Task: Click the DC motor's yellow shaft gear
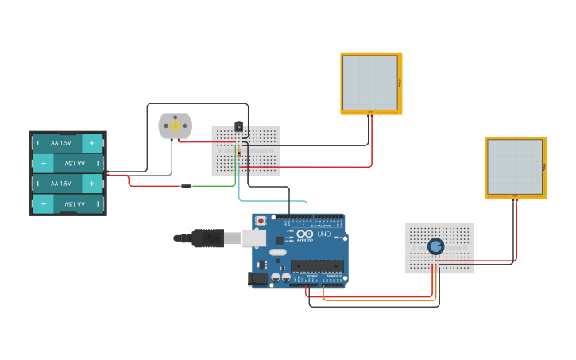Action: pos(176,126)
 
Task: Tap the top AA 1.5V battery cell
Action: pos(68,143)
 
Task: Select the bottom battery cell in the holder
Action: pos(68,204)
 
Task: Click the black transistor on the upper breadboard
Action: pos(238,126)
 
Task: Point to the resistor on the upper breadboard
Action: pos(238,153)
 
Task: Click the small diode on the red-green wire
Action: pos(186,186)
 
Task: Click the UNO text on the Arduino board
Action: pos(324,234)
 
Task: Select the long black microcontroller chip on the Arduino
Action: pos(317,266)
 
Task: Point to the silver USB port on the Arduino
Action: pos(253,237)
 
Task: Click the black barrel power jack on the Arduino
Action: pos(258,278)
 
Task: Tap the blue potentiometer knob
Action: pos(435,246)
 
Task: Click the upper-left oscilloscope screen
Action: pos(370,83)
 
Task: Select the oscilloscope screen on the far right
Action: pos(515,167)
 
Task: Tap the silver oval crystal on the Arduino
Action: pos(277,252)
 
